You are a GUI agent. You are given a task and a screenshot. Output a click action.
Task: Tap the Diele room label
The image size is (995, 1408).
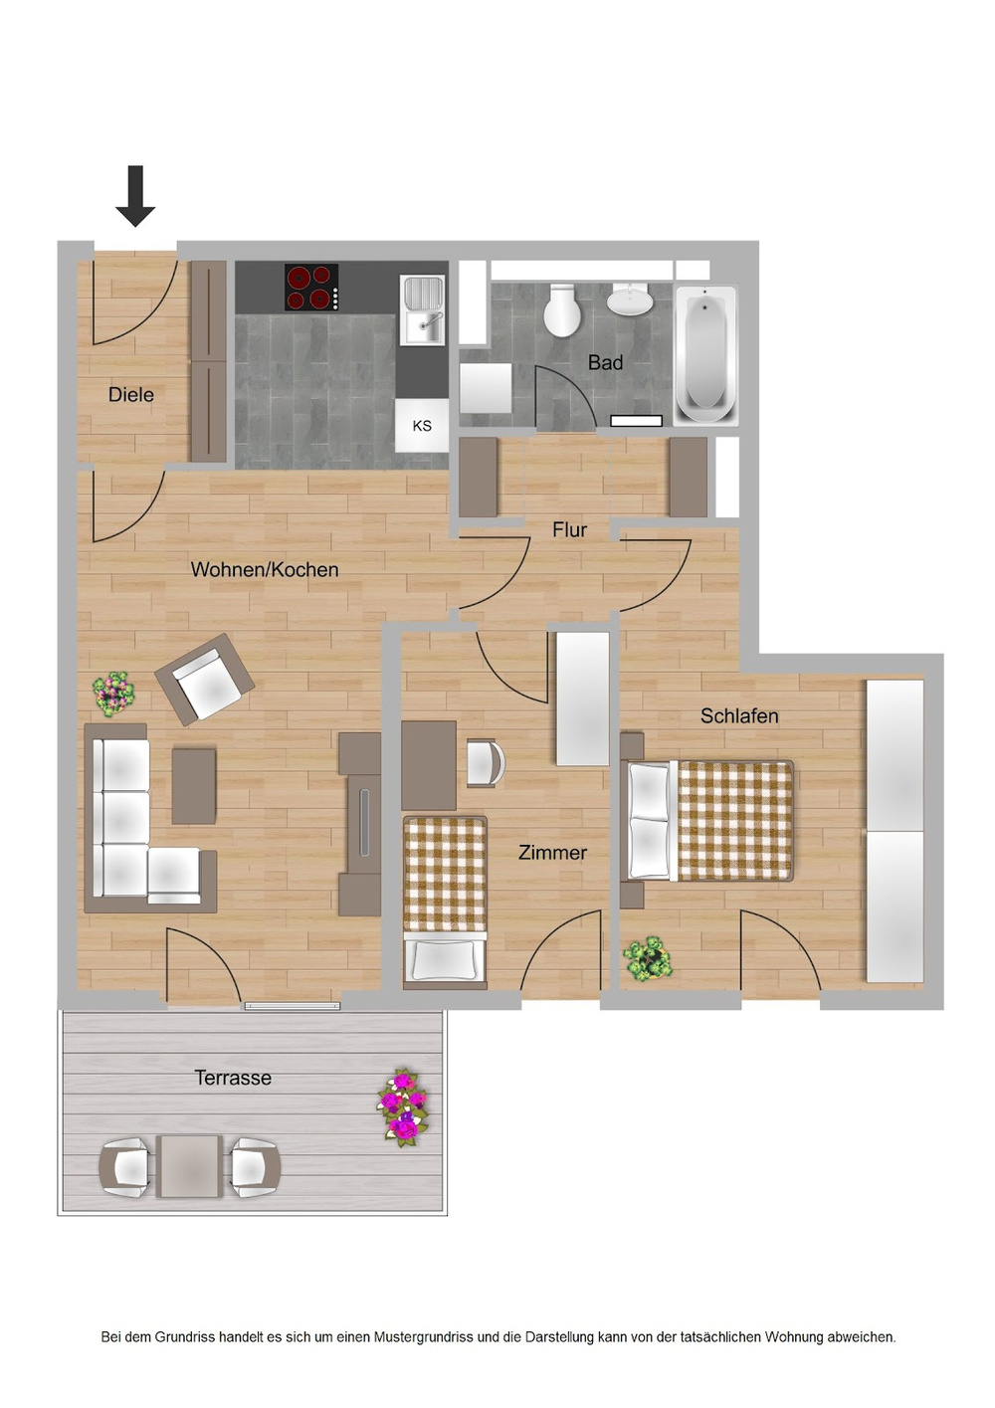(x=131, y=395)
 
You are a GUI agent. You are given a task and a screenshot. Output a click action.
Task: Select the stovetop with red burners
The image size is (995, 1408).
(x=311, y=288)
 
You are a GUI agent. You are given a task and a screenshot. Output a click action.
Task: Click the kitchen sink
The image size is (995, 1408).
(x=423, y=309)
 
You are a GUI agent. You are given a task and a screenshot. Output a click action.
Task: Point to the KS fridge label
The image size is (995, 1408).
(x=422, y=426)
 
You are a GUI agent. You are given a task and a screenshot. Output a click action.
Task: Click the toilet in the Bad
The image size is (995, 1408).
(x=562, y=310)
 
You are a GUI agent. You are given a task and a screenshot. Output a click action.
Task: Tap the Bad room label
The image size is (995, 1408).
(x=605, y=363)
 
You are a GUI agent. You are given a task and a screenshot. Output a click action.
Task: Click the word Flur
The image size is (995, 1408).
(x=570, y=530)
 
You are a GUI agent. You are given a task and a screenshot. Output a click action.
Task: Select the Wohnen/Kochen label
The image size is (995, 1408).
(x=265, y=570)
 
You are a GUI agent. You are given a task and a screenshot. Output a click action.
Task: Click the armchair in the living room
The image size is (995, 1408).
(x=205, y=680)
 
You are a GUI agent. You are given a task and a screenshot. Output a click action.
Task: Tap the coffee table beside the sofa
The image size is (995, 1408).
(x=194, y=786)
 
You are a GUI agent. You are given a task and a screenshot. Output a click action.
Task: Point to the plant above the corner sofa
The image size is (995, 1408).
(x=113, y=693)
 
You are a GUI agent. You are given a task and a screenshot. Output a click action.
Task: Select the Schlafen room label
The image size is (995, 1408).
(x=739, y=716)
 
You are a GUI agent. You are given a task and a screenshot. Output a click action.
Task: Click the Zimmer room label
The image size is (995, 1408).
(x=552, y=853)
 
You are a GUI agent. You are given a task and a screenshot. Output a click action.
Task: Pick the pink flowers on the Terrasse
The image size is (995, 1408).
(x=403, y=1106)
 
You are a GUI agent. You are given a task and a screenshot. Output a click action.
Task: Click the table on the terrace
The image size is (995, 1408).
(x=190, y=1166)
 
